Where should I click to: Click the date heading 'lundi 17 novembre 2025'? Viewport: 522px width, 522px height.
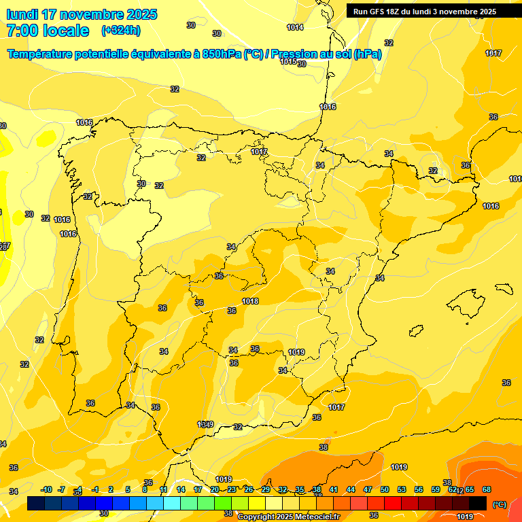[x=82, y=14]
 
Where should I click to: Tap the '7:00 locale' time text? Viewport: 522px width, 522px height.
[x=48, y=31]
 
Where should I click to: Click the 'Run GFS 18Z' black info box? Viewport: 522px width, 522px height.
[x=425, y=11]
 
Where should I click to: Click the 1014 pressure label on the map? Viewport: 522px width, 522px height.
[x=295, y=28]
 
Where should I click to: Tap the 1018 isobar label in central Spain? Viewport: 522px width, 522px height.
[x=250, y=301]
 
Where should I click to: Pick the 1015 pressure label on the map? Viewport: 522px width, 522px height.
[x=288, y=62]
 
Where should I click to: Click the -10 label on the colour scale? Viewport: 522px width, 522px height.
[x=46, y=489]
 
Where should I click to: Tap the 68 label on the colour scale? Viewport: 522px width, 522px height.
[x=487, y=489]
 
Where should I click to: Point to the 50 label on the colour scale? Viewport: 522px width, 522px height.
[x=385, y=489]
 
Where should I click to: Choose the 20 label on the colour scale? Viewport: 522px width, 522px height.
[x=215, y=489]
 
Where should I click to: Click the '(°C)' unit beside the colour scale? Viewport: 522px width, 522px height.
[x=500, y=504]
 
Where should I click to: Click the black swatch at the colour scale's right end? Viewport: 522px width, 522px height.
[x=478, y=504]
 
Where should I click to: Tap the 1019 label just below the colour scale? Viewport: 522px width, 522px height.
[x=465, y=517]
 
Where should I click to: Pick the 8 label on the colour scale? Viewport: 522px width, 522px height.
[x=145, y=489]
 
